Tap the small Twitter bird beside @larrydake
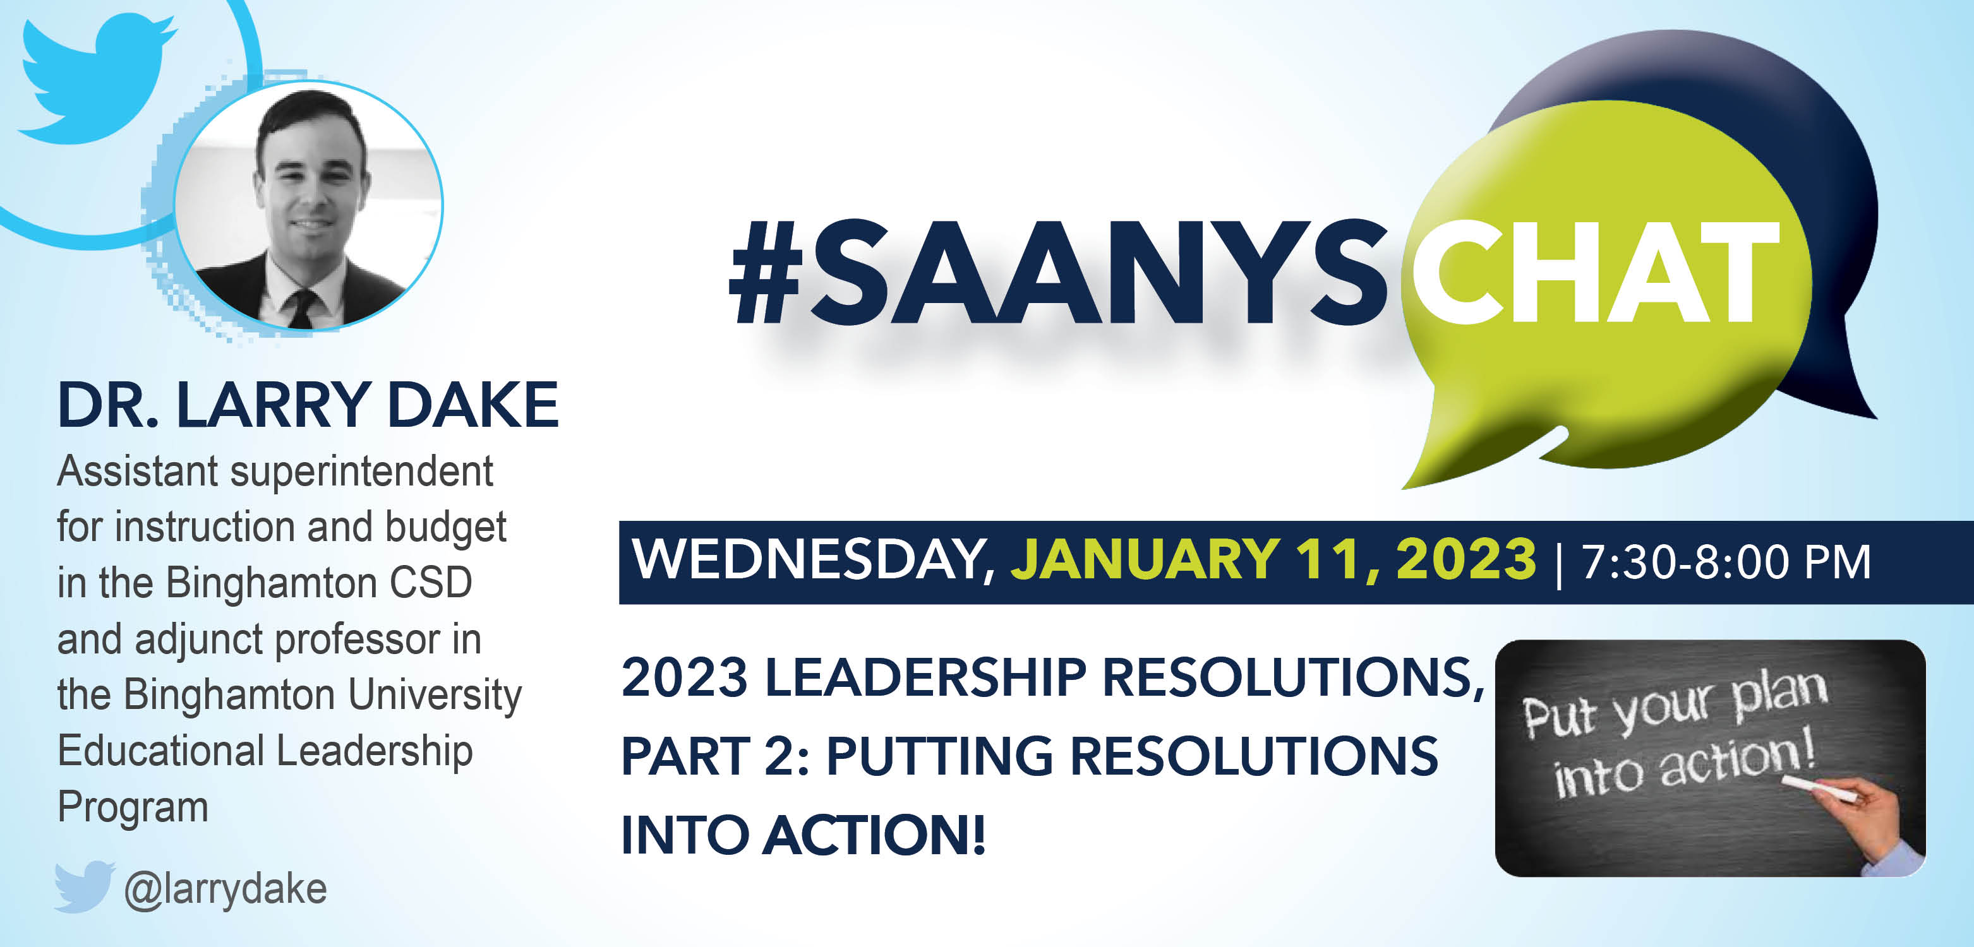(x=84, y=886)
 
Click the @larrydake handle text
(x=226, y=890)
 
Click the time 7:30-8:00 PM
(x=1726, y=562)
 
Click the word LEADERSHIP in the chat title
(x=925, y=677)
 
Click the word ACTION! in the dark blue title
(x=874, y=835)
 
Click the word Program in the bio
(x=133, y=807)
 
